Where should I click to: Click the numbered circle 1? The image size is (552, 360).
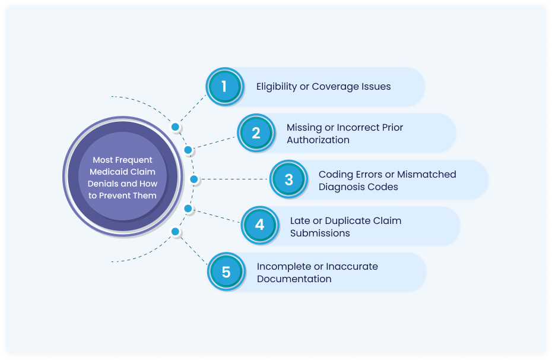coord(224,87)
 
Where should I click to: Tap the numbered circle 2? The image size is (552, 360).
coord(256,133)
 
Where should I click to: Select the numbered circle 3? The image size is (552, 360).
coord(288,179)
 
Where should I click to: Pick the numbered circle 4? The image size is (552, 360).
coord(259,226)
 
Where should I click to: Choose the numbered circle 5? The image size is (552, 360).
coord(226,272)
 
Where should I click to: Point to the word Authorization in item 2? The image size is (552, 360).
coord(318,140)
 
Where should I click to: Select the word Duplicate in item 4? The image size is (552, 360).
coord(347,220)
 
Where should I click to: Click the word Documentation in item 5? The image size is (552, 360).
coord(294,279)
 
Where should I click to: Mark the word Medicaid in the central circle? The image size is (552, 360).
coord(110,172)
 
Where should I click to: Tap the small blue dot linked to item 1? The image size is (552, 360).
coord(175,127)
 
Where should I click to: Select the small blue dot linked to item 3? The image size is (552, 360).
coord(193,179)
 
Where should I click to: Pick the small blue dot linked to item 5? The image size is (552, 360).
coord(175,231)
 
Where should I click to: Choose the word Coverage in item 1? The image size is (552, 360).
coord(337,87)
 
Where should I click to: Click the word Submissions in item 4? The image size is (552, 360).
coord(320,233)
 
